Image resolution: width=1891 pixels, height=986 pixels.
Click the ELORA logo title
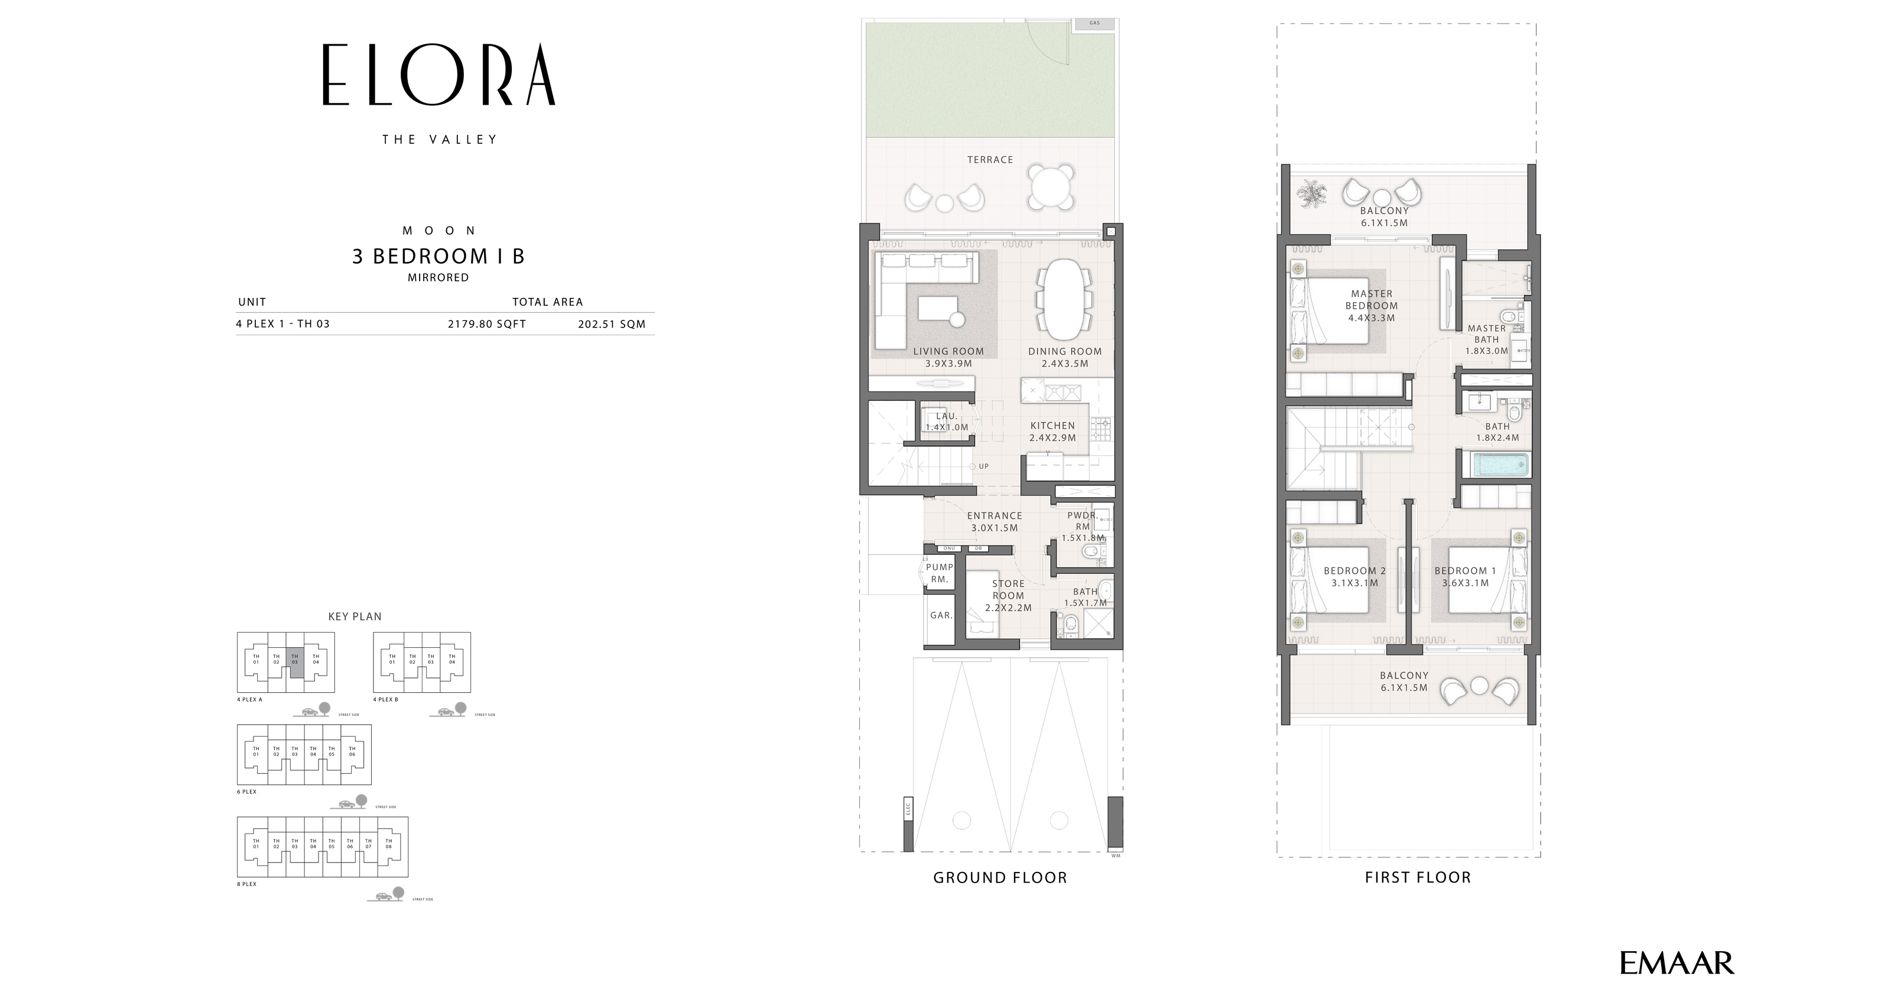point(438,75)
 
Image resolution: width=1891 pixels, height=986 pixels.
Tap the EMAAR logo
point(1676,962)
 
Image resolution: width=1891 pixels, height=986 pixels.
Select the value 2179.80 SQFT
point(487,324)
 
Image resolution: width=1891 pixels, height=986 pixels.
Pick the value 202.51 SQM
point(612,324)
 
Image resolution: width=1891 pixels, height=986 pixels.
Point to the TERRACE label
point(990,160)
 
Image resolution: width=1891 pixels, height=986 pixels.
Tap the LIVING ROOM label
point(948,357)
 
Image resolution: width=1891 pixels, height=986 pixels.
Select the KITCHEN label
point(1052,431)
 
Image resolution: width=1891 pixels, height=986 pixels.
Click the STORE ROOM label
point(1008,595)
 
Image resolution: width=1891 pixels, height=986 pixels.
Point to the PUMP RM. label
point(939,573)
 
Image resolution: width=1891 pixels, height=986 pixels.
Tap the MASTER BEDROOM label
point(1371,306)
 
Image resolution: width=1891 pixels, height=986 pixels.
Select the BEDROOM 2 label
point(1354,576)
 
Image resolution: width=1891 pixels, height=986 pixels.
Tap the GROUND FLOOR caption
point(1000,877)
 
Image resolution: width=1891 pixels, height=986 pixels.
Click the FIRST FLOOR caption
point(1418,877)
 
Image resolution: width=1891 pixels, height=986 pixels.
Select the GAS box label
point(1094,24)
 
